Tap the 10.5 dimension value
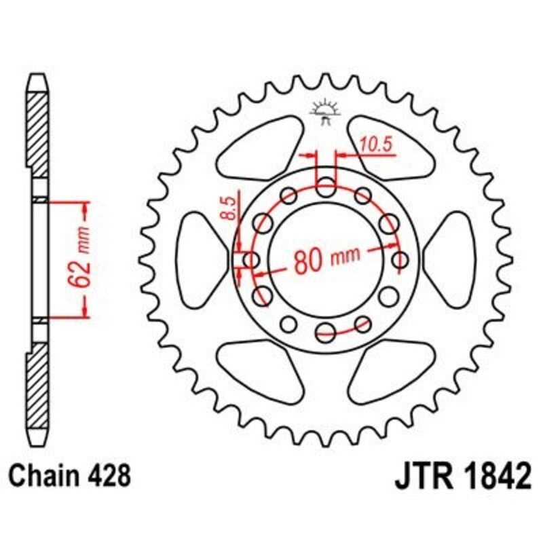377,144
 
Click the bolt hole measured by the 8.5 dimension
250,259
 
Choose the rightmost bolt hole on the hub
401,259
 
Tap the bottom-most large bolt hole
326,331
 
